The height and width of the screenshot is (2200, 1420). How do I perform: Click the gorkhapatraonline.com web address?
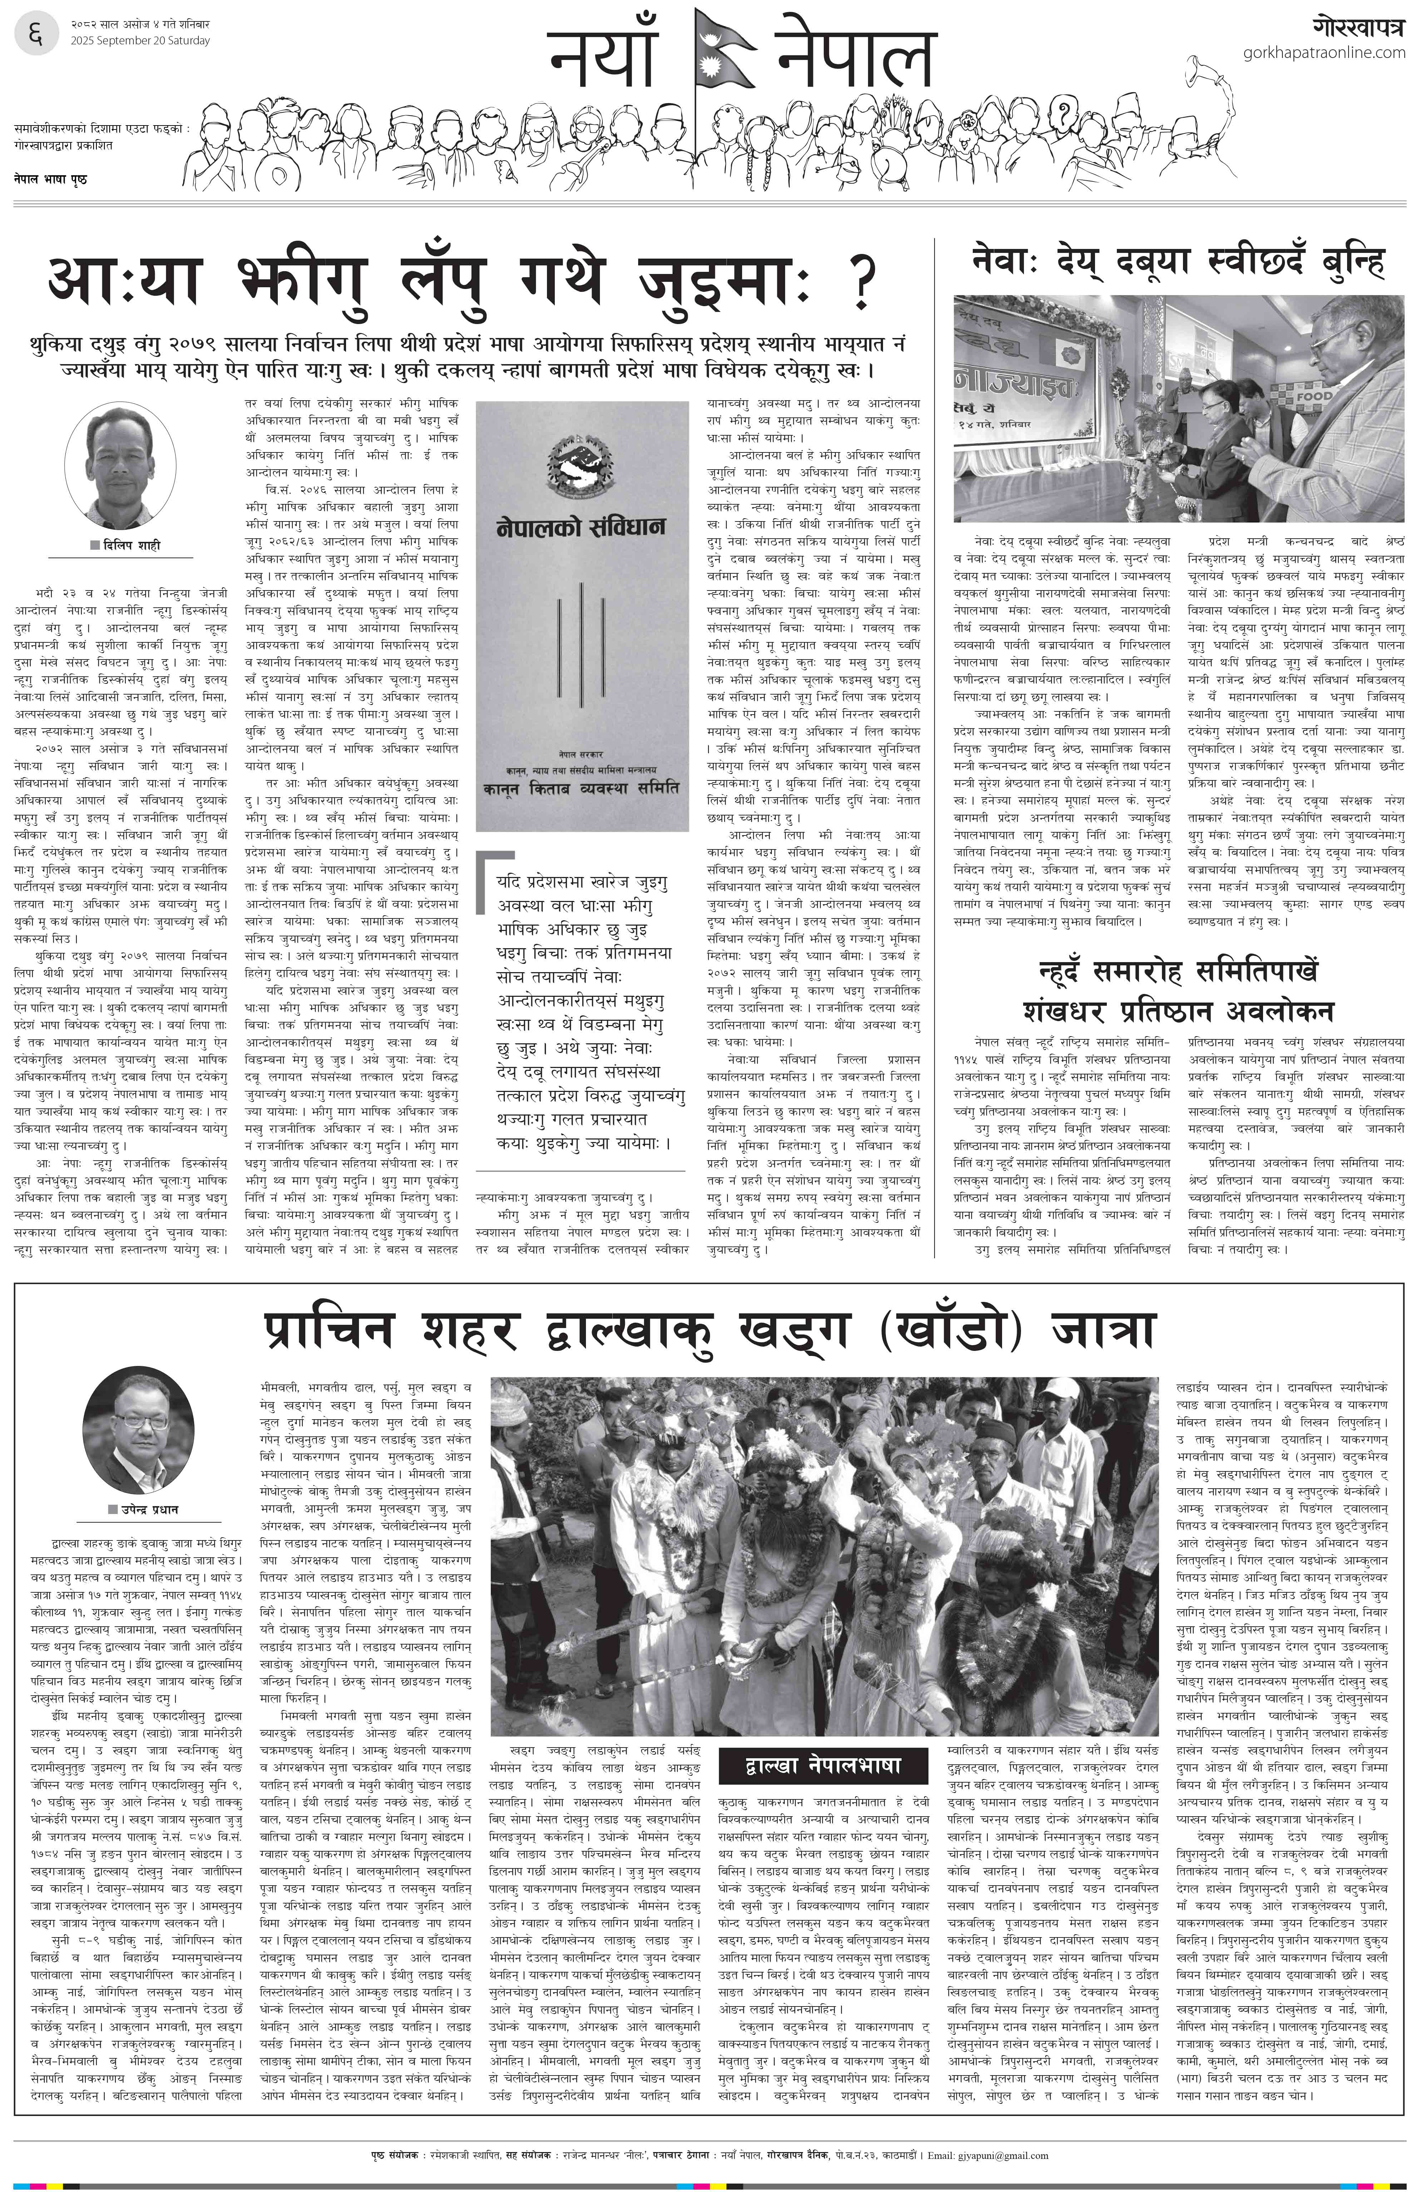[1323, 53]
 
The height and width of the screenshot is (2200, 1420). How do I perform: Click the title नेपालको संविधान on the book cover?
[581, 528]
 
